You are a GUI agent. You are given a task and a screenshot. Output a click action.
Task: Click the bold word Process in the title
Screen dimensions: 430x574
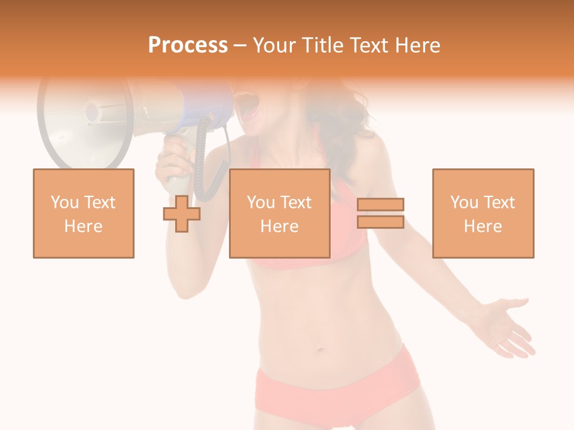[x=188, y=45]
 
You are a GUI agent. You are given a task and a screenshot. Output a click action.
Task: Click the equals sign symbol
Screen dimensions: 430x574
[x=380, y=213]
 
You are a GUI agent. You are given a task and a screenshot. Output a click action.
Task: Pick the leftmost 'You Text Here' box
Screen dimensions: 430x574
[x=84, y=213]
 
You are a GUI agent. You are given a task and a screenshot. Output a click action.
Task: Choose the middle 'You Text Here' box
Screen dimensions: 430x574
[x=280, y=213]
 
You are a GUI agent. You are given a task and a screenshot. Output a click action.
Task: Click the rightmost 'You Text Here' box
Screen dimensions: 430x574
[x=483, y=213]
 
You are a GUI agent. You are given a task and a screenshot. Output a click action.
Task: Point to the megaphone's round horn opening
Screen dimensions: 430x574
[x=84, y=119]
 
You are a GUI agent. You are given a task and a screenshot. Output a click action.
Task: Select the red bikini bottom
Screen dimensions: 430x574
[x=335, y=388]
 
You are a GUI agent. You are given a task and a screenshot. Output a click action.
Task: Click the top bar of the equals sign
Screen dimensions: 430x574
[x=380, y=204]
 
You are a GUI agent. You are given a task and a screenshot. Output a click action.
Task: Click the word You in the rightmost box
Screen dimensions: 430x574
[x=464, y=202]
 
